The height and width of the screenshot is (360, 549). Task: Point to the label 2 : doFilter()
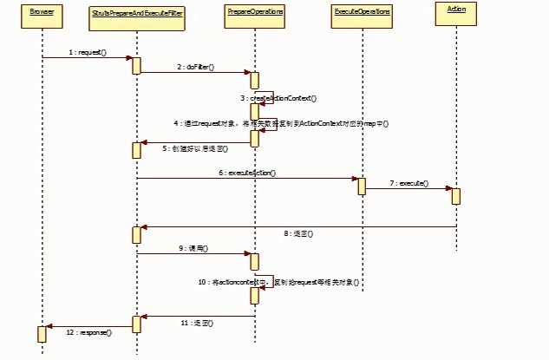[195, 67]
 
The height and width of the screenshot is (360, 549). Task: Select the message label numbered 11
[196, 322]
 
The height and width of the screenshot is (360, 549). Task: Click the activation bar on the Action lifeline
[455, 196]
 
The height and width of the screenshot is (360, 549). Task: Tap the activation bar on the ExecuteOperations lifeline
[361, 186]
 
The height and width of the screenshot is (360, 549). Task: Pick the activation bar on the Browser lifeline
[42, 334]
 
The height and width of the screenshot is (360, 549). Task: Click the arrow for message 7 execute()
[408, 188]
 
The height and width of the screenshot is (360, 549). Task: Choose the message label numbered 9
[194, 248]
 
